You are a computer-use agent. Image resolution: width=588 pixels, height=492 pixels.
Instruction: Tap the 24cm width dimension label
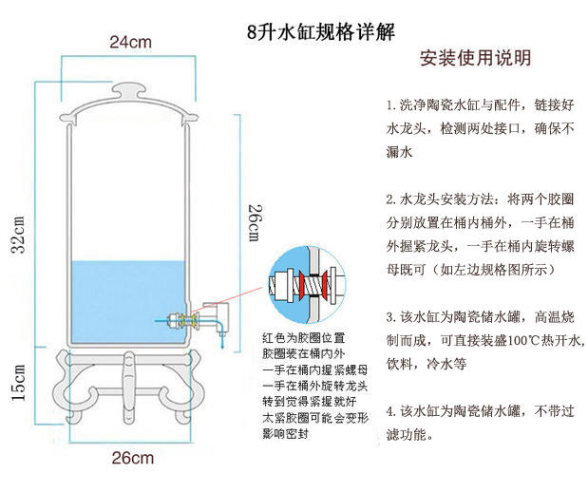point(130,42)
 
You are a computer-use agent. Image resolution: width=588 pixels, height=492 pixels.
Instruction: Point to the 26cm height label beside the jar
point(254,221)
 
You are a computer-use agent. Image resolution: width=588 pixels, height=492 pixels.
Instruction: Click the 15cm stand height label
point(18,383)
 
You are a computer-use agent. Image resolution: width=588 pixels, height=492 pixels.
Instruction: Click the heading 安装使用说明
point(475,59)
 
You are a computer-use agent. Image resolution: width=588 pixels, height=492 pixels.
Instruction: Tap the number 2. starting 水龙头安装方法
point(391,200)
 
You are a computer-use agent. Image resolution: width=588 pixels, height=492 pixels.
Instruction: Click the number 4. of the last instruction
point(391,412)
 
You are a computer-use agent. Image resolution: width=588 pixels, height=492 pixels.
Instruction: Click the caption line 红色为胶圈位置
point(303,338)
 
